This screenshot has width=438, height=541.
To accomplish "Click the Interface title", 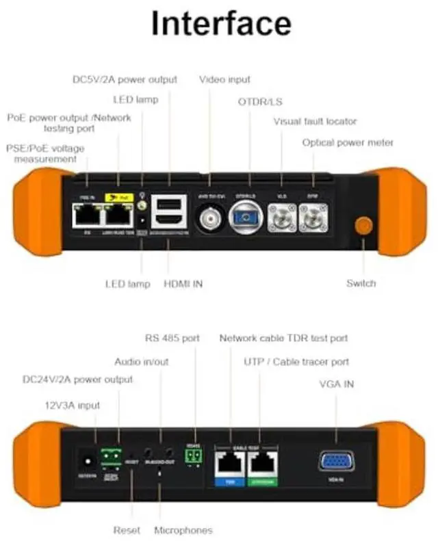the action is point(220,23).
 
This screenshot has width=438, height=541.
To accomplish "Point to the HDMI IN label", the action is point(183,283).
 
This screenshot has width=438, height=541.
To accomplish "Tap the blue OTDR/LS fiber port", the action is point(245,220).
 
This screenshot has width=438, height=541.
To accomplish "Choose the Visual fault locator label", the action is point(315,122).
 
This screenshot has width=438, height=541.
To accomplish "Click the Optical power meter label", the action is point(348,142).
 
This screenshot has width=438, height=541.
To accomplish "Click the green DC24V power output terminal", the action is point(109,455).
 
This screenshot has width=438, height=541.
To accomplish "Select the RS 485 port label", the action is point(172,338).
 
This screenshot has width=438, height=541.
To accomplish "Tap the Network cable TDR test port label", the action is point(283,338).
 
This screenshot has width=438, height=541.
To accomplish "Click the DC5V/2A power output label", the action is point(125,79).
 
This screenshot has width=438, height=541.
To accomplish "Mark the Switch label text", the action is point(361,283).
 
